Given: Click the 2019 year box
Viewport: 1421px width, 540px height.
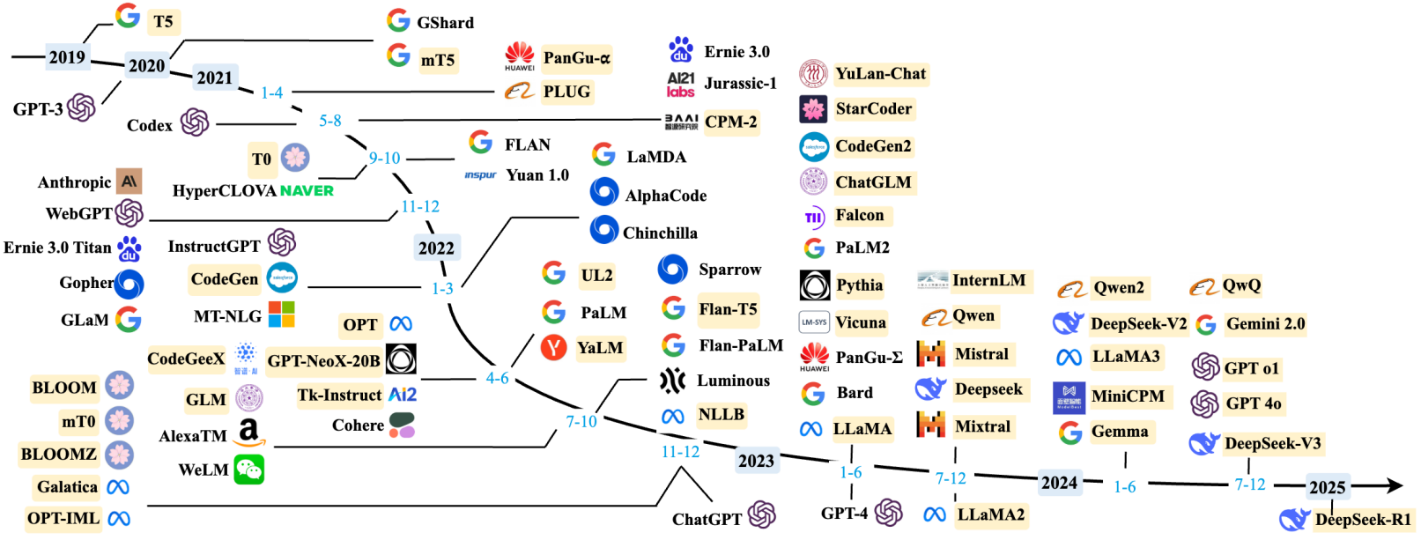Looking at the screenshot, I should pos(67,57).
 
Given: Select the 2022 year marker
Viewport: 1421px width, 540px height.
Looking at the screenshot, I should pos(436,248).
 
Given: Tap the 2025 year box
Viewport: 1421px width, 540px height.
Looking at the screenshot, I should pos(1327,487).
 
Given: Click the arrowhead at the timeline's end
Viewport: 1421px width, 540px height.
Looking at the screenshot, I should pos(1394,485).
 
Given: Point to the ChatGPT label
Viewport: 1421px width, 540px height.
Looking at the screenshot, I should pos(707,519).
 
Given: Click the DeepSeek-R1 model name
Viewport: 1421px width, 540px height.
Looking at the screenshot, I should pos(1363,520).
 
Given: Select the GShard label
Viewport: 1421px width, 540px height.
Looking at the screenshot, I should pos(445,23).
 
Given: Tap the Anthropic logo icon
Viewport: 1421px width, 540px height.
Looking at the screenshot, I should pos(129,181).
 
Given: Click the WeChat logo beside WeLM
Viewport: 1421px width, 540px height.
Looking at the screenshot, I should pos(248,470).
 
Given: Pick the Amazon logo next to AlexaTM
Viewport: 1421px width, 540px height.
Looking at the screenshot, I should pos(248,433).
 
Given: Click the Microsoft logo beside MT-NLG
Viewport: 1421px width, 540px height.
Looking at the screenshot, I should pos(281,314).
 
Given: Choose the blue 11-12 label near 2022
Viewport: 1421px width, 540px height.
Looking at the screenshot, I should pos(420,206).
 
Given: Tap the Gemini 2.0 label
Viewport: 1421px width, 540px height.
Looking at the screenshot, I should pos(1265,323).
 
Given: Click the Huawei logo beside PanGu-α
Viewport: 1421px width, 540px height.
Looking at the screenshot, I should pos(520,56).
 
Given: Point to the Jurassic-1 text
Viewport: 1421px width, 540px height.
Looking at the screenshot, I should pos(740,84).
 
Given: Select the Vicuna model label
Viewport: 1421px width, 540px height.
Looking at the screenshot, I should pos(861,322).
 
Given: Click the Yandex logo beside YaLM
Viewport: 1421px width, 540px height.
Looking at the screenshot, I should pos(553,348).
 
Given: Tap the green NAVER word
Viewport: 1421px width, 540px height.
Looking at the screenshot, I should pos(307,190).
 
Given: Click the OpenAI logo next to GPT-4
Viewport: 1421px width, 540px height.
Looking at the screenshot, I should pos(888,512).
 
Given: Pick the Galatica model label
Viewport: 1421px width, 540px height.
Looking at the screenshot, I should pos(67,486).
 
